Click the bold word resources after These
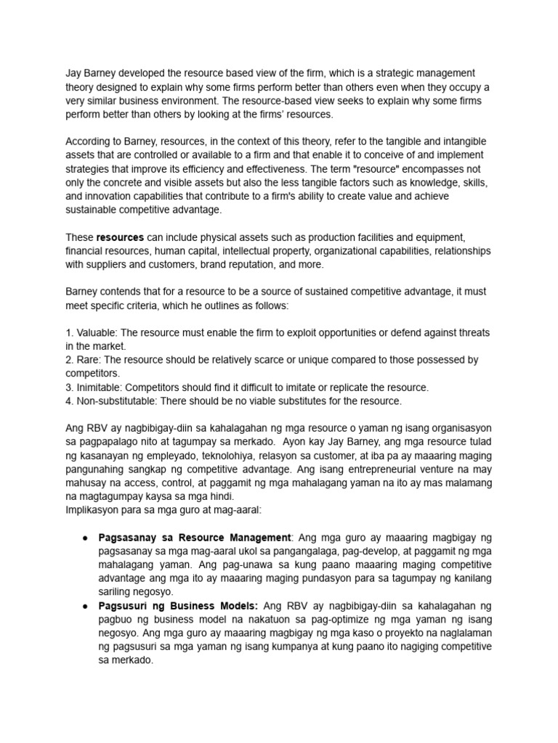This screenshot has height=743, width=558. pyautogui.click(x=119, y=237)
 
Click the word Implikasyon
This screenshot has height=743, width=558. pyautogui.click(x=94, y=510)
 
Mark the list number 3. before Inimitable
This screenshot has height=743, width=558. pyautogui.click(x=70, y=387)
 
